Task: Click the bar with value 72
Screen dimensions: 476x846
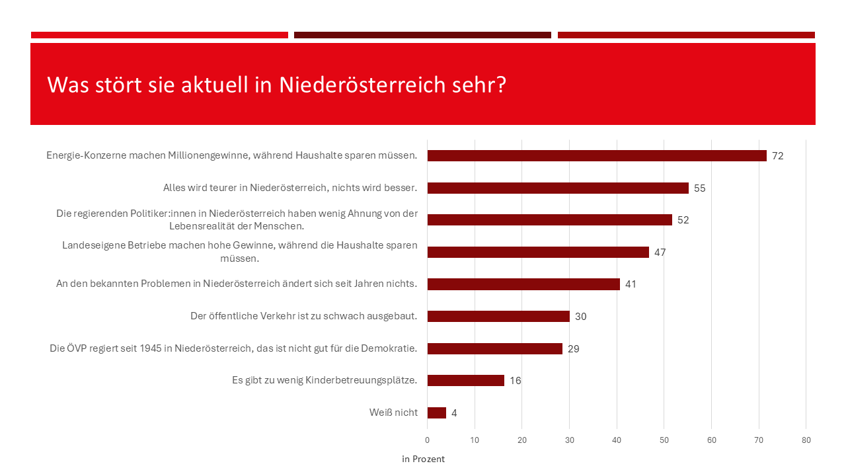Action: [x=597, y=156]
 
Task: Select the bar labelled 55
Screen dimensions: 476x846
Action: [x=558, y=188]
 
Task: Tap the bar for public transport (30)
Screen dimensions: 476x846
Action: [x=498, y=316]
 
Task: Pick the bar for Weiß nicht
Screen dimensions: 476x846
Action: [x=437, y=413]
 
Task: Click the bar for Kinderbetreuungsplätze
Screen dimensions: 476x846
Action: [x=466, y=381]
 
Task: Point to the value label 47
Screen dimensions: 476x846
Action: [x=660, y=253]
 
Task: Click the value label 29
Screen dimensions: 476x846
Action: [x=574, y=348]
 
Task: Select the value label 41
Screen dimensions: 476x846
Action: [x=631, y=284]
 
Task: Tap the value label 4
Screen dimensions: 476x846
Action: [x=454, y=413]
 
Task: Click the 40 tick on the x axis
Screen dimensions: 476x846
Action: [x=617, y=440]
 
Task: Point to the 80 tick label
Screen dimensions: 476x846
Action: [x=806, y=440]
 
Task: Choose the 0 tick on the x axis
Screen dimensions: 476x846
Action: [x=428, y=440]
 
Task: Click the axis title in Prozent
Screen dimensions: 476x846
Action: [x=423, y=459]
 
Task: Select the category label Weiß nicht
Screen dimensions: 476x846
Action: [x=393, y=413]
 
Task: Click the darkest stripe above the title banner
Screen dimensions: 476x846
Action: [x=422, y=35]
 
